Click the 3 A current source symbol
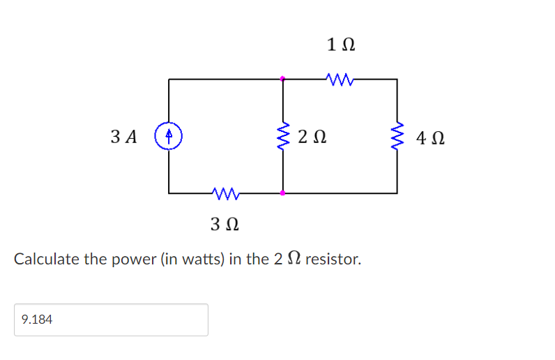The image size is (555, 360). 169,135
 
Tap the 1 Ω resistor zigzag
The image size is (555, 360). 340,79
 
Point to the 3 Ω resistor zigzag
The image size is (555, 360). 225,192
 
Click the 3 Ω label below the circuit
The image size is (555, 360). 225,225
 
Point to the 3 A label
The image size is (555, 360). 123,136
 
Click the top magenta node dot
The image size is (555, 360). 282,79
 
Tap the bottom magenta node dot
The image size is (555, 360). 282,192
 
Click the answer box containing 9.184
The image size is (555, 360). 110,320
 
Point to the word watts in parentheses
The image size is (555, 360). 196,260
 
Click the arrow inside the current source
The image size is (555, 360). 169,133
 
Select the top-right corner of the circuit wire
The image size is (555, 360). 397,79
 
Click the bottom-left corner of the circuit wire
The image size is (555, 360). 169,192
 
